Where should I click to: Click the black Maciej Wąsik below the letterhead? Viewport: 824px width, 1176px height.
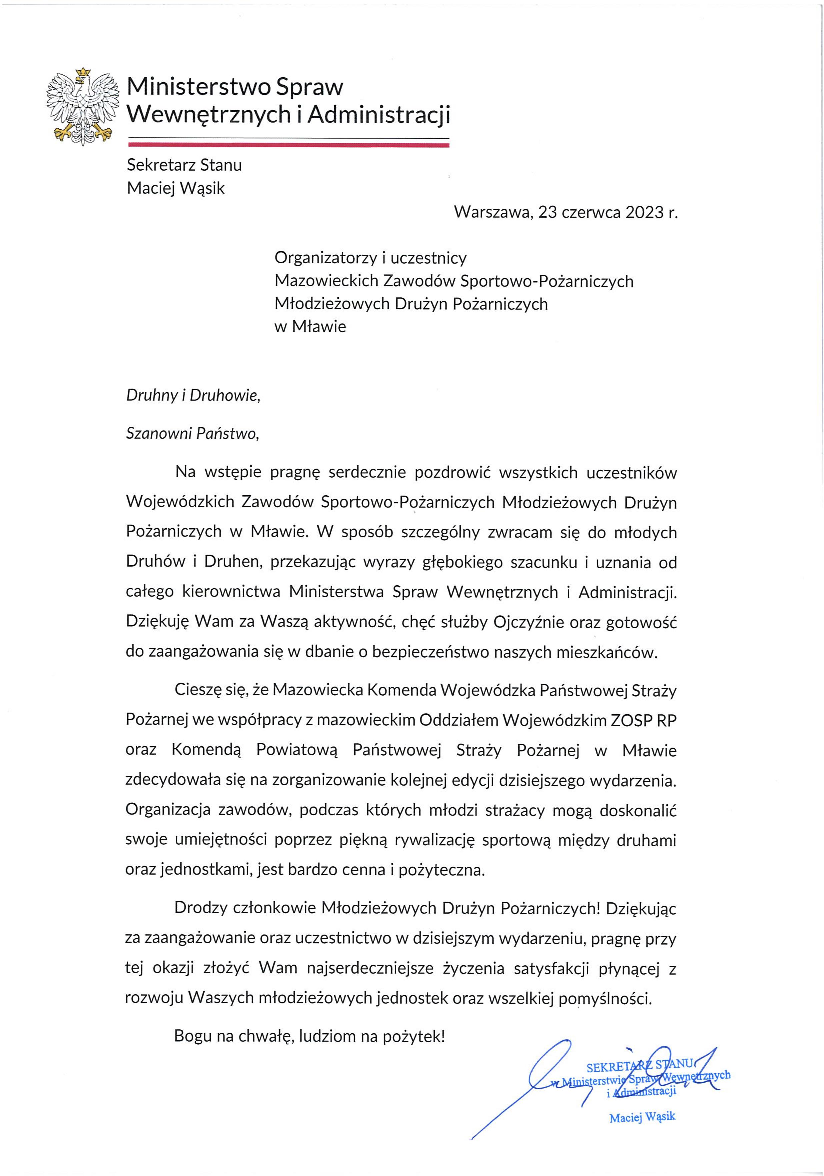tap(176, 188)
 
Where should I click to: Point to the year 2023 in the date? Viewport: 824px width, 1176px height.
tap(643, 212)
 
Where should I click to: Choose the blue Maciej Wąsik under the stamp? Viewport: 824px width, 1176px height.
tap(642, 1117)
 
